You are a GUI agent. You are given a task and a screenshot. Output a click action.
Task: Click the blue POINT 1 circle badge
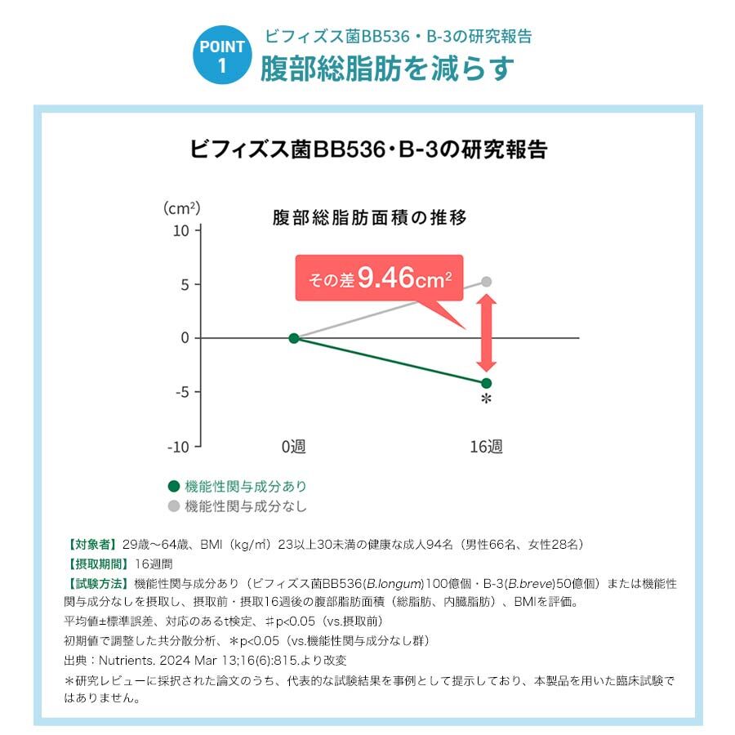pyautogui.click(x=221, y=55)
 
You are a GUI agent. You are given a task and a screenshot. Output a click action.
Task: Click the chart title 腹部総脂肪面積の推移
pyautogui.click(x=369, y=218)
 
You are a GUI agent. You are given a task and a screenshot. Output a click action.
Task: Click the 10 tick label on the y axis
pyautogui.click(x=181, y=230)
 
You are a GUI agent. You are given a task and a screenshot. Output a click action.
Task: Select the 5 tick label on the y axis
pyautogui.click(x=185, y=284)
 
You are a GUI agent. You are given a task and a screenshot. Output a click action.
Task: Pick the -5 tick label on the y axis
pyautogui.click(x=182, y=392)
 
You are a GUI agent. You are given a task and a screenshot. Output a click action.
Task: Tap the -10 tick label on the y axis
pyautogui.click(x=179, y=446)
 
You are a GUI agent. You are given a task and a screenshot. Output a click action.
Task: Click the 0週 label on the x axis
pyautogui.click(x=293, y=447)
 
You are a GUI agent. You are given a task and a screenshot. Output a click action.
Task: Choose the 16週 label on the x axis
pyautogui.click(x=486, y=447)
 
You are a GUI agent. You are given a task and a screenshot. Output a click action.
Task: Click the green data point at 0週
pyautogui.click(x=294, y=338)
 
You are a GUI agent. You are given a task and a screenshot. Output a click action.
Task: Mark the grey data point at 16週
pyautogui.click(x=487, y=282)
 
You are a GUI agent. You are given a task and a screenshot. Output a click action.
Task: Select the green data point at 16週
pyautogui.click(x=487, y=383)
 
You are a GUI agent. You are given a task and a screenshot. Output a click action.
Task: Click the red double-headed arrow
pyautogui.click(x=487, y=332)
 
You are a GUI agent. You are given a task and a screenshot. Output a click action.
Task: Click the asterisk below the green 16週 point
pyautogui.click(x=487, y=399)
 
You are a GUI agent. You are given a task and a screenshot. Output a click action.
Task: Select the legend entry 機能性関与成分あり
pyautogui.click(x=246, y=486)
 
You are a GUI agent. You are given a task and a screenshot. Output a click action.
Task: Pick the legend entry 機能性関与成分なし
pyautogui.click(x=246, y=506)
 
